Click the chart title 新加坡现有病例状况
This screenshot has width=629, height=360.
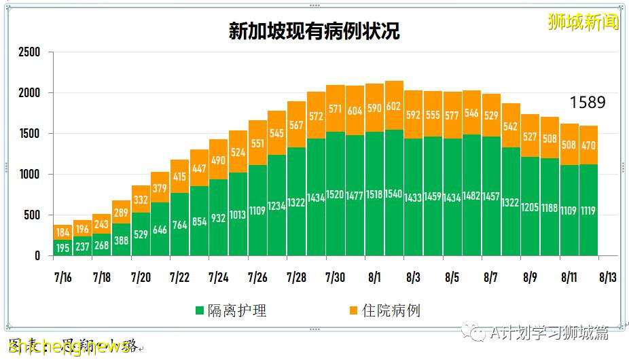point(314,31)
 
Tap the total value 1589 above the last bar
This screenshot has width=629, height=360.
point(587,103)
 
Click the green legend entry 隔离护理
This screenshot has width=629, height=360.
point(231,310)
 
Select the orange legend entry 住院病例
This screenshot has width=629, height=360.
point(384,310)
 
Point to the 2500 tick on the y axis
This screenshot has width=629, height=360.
point(29,52)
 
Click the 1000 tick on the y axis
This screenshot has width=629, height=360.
point(29,175)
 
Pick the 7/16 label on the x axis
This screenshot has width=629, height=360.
point(62,278)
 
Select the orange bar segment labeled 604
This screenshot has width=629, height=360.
point(355,111)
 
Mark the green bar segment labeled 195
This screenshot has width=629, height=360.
point(62,248)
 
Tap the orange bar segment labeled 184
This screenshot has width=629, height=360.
point(62,232)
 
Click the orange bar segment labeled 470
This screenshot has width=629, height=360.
point(589,145)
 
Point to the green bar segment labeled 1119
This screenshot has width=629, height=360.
point(589,211)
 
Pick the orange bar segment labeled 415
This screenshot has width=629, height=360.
point(179,177)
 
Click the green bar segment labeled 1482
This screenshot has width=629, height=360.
point(472,197)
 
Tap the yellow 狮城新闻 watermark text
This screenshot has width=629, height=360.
point(583,22)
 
